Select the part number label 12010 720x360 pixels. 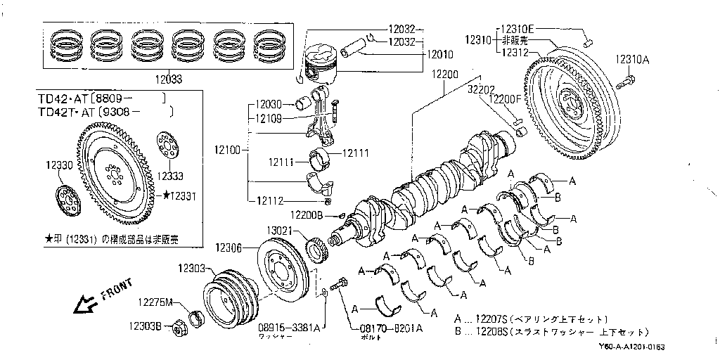point(440,53)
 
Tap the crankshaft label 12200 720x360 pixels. point(444,75)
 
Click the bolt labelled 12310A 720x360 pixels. point(626,84)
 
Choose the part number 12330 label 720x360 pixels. point(59,165)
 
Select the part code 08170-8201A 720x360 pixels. point(380,328)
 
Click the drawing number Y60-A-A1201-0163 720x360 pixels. point(632,347)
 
